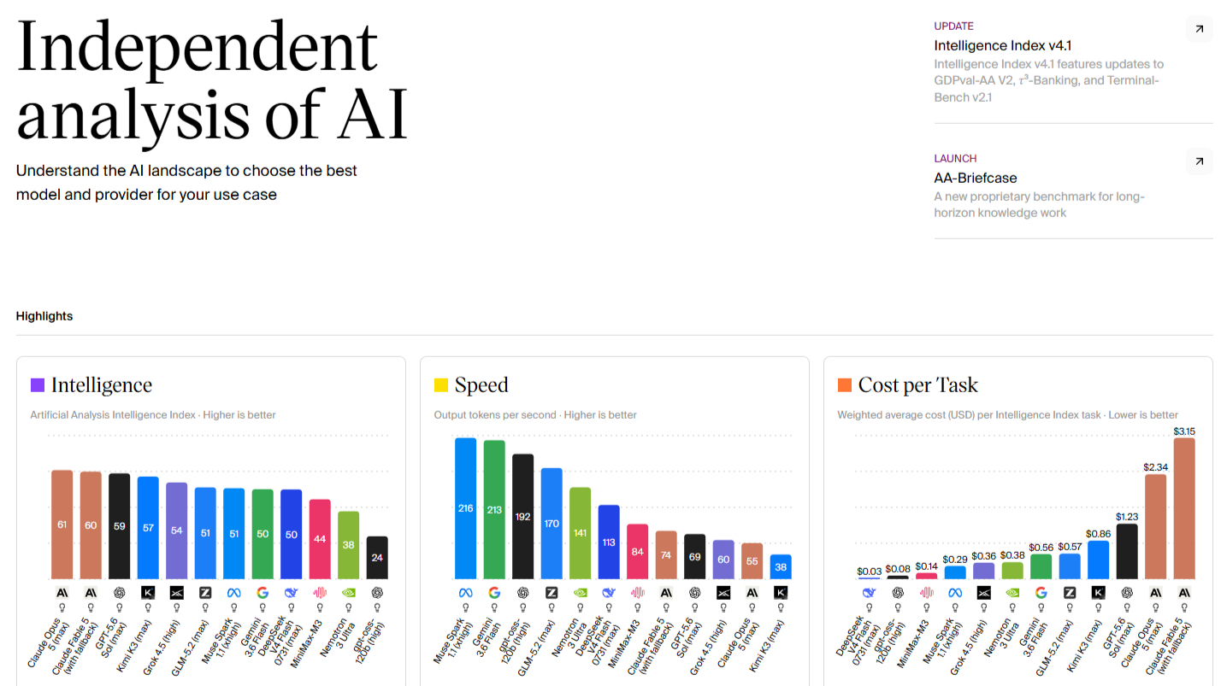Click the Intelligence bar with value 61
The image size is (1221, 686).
pos(62,525)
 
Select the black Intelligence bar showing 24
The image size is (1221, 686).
pos(377,558)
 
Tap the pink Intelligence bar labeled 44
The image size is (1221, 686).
pos(320,539)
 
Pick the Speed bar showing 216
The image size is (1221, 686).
pos(465,508)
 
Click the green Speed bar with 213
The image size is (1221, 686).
pos(494,510)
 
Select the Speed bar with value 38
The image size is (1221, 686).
pos(781,566)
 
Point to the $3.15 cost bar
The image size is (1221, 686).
pos(1184,508)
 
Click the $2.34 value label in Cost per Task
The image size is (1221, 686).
pos(1155,467)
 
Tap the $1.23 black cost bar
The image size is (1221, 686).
pos(1127,552)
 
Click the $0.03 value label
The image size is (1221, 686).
pos(869,572)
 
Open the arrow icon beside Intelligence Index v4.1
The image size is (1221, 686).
pos(1199,29)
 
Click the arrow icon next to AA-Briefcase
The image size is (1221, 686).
pos(1199,161)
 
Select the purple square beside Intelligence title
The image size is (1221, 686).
pos(38,385)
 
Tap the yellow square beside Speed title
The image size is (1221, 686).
pos(441,385)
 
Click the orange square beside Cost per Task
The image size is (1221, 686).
pos(844,385)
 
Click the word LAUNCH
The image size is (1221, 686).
pos(955,158)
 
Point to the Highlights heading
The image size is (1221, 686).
pos(44,316)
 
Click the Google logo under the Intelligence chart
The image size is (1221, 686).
pos(262,592)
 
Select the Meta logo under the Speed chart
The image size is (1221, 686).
pos(465,592)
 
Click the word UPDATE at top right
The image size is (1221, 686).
pos(953,26)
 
